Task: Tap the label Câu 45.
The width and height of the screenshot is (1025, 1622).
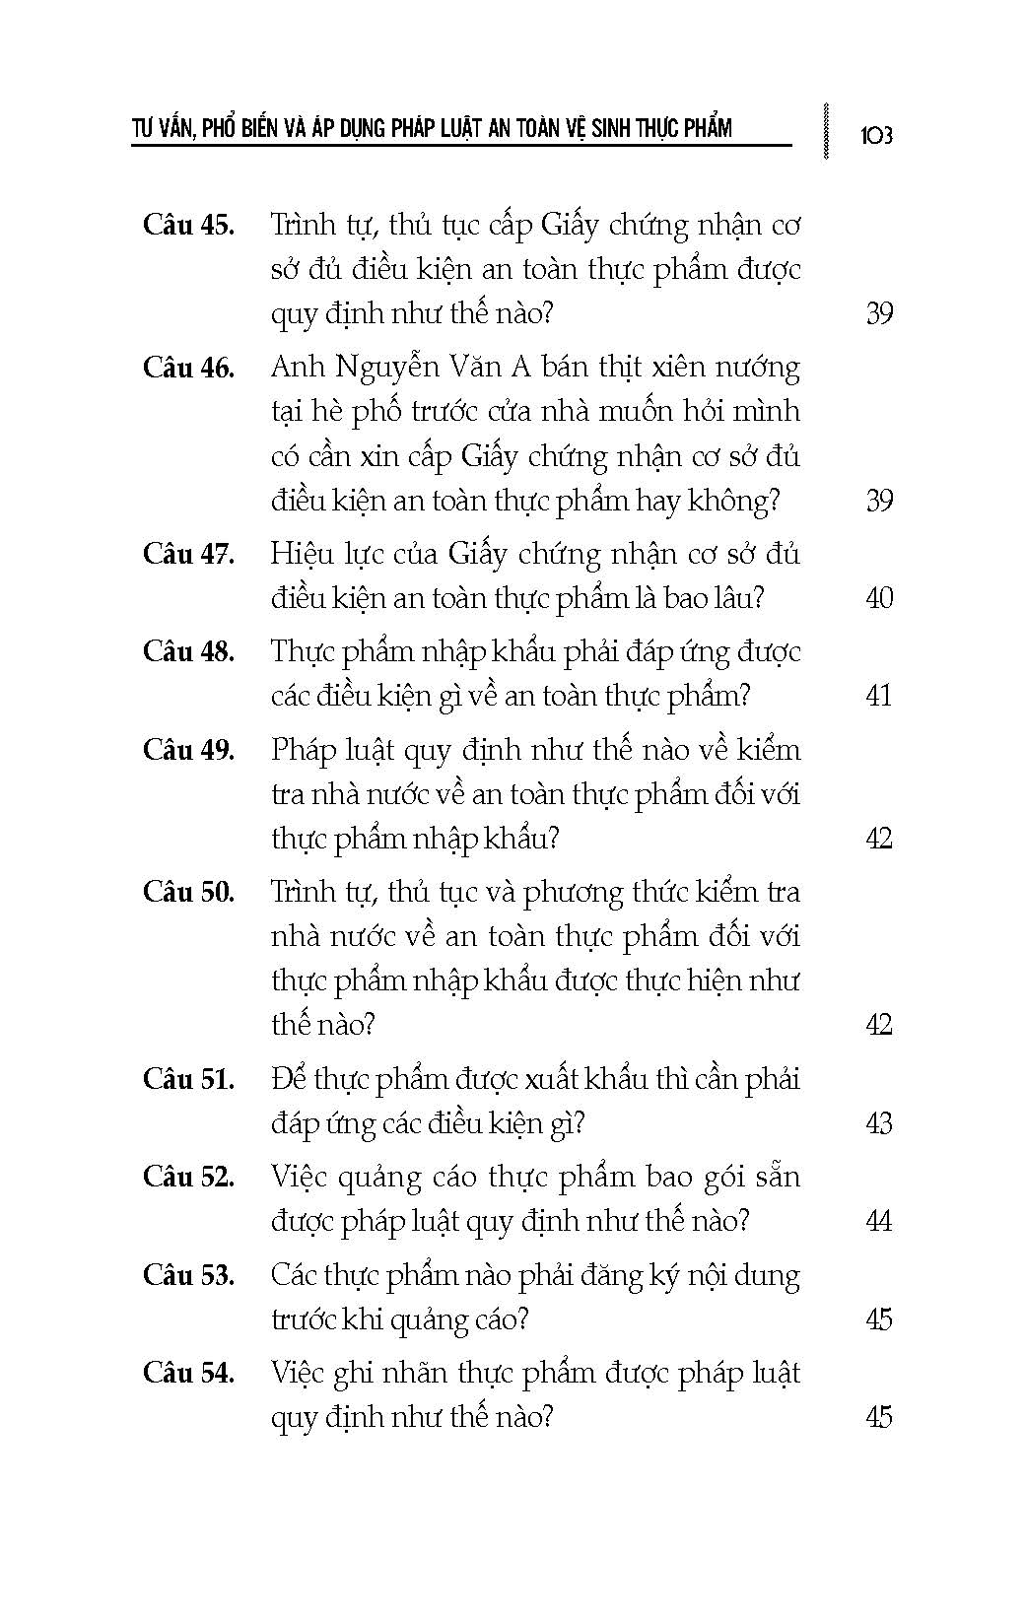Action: point(189,225)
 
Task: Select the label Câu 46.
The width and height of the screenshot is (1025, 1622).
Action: point(189,368)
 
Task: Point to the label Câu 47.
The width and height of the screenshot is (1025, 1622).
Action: point(189,554)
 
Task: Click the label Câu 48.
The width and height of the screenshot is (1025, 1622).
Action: point(189,651)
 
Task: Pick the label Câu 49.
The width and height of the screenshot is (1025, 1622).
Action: point(189,750)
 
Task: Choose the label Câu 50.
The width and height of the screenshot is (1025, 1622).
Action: point(189,893)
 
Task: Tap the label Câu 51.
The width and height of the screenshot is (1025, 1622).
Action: point(189,1079)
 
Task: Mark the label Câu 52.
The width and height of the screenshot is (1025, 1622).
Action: point(189,1177)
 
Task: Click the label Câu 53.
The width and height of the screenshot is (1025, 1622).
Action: point(189,1275)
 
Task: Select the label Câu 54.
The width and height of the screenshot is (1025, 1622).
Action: point(189,1373)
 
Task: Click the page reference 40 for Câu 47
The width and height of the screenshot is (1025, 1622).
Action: point(878,598)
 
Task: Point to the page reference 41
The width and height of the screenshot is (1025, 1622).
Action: point(878,696)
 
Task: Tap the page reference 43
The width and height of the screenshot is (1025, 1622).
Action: point(878,1123)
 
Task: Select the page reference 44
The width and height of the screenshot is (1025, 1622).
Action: point(878,1221)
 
